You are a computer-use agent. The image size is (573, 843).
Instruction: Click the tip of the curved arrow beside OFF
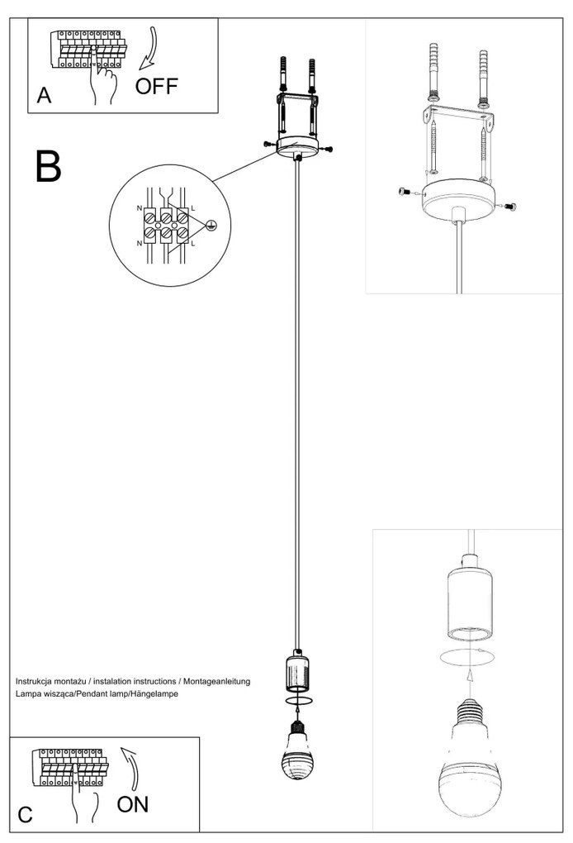pyautogui.click(x=140, y=69)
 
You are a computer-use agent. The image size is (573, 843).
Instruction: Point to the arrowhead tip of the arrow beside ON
pyautogui.click(x=121, y=747)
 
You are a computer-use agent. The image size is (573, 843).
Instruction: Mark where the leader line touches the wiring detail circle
pyautogui.click(x=212, y=181)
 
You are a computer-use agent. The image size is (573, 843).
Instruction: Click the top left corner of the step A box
pyautogui.click(x=28, y=17)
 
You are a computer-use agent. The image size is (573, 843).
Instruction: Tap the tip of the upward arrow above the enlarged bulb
pyautogui.click(x=470, y=670)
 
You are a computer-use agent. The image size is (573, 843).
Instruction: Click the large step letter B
pyautogui.click(x=49, y=166)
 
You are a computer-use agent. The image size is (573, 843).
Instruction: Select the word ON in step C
pyautogui.click(x=133, y=804)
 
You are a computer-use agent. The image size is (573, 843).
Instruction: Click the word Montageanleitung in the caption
pyautogui.click(x=217, y=681)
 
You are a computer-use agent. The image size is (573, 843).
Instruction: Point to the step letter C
pyautogui.click(x=26, y=815)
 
